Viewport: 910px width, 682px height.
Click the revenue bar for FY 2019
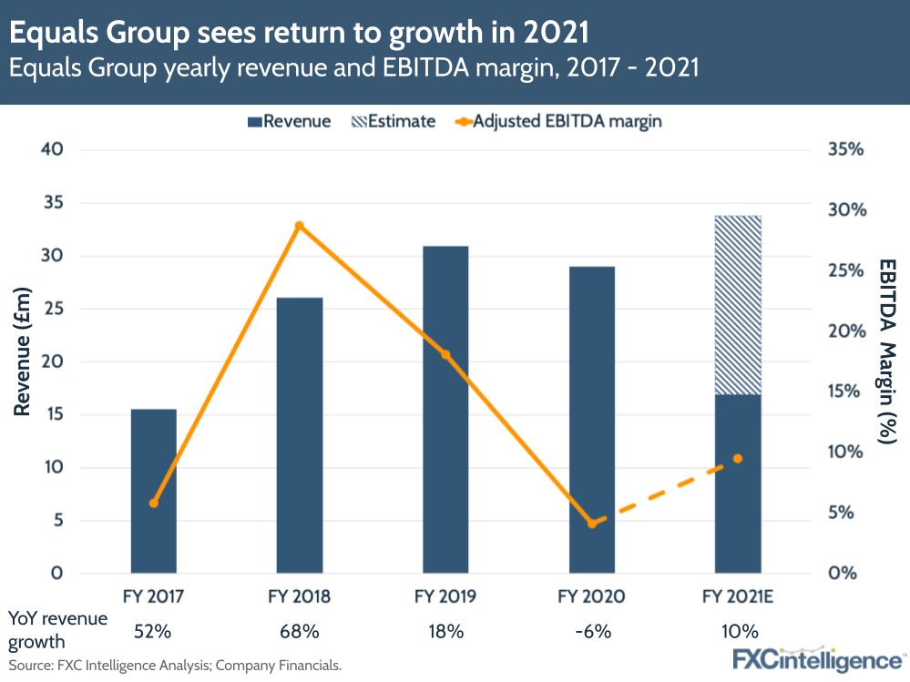(445, 410)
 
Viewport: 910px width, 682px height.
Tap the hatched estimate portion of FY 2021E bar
(738, 305)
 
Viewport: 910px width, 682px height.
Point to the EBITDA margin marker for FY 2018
(299, 226)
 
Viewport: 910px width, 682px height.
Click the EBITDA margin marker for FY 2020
(592, 524)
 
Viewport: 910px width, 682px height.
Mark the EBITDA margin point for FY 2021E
(738, 458)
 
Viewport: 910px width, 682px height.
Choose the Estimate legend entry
(393, 121)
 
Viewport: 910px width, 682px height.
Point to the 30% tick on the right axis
(844, 210)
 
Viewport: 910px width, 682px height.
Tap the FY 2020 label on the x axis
(591, 597)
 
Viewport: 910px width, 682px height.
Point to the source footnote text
(173, 666)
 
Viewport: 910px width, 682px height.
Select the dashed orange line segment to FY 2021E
(665, 491)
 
